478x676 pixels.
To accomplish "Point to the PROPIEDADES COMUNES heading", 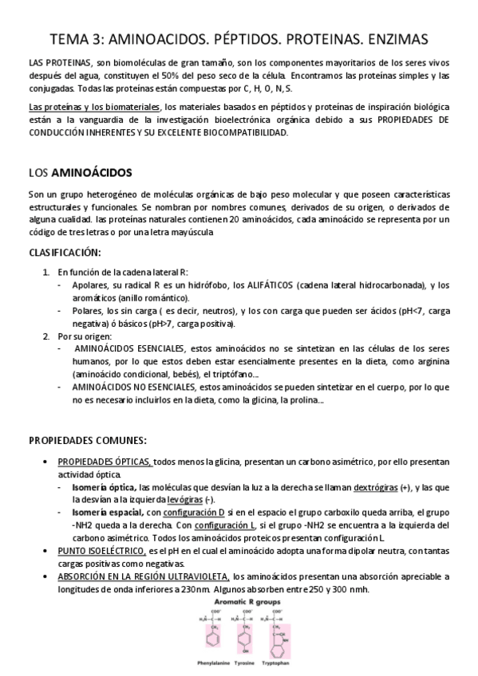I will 88,439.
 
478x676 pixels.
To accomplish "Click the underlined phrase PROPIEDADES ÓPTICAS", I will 105,462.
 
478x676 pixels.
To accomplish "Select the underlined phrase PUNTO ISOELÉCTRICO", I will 101,551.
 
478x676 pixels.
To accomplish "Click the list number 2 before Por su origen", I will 45,336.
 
